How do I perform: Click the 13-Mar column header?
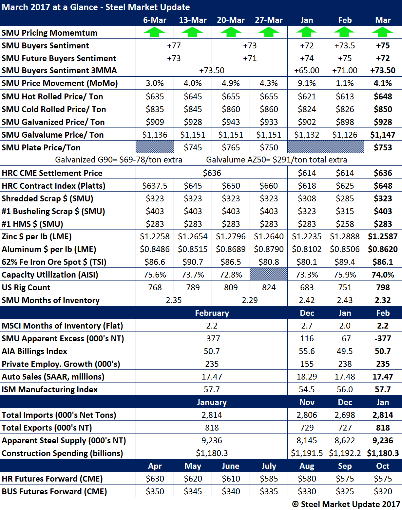193,20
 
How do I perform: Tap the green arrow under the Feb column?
345,32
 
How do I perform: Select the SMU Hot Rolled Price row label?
52,96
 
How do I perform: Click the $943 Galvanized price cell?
231,122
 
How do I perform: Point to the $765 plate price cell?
231,147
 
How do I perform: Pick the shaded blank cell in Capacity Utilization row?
269,275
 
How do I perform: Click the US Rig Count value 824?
269,287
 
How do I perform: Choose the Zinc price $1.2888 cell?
345,236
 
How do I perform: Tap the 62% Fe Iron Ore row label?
54,262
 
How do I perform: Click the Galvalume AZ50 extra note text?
277,160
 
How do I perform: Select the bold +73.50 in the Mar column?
383,71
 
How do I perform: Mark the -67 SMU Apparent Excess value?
345,338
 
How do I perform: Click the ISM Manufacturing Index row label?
50,389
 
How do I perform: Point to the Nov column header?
307,402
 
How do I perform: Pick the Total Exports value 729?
307,428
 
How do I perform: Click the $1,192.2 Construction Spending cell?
345,453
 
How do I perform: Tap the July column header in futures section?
269,466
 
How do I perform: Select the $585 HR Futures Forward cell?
269,479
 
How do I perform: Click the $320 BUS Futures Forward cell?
383,491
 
